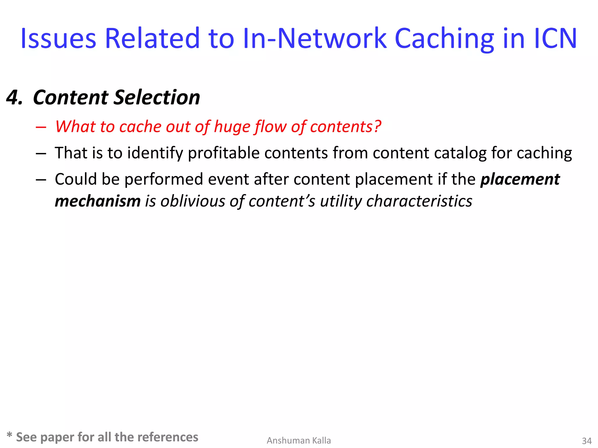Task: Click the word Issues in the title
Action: point(58,39)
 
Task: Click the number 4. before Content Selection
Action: point(15,97)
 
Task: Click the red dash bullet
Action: point(41,127)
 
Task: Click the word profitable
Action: point(224,153)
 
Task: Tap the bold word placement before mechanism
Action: point(520,179)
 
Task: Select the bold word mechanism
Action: point(98,201)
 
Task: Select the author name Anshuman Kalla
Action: point(299,440)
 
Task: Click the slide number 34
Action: point(587,441)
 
